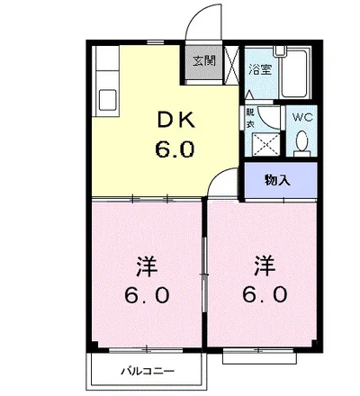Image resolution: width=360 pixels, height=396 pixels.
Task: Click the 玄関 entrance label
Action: [x=202, y=62]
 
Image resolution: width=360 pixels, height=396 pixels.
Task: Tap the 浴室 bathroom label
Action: [x=261, y=69]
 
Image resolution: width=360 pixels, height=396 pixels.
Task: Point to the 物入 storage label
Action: [x=278, y=180]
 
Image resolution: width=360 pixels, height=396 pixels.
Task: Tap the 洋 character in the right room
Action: [x=262, y=266]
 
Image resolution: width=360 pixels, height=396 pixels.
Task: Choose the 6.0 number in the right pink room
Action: [x=262, y=295]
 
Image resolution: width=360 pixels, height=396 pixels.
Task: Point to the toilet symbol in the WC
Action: [x=301, y=141]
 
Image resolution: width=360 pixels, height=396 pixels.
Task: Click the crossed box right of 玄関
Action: [x=230, y=66]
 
